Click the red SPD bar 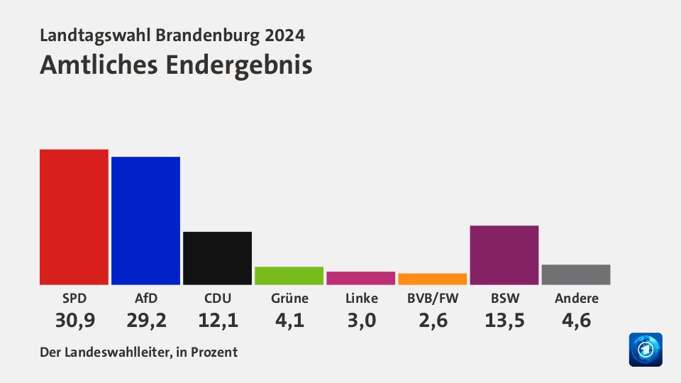point(74,217)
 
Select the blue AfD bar point(145,221)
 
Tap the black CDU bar point(217,258)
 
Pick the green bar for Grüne point(289,276)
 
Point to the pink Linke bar point(360,278)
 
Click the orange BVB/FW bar point(432,279)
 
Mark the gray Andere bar point(576,274)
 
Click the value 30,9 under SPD point(74,321)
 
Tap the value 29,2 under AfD point(146,321)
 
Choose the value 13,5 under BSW point(504,321)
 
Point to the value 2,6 point(433,321)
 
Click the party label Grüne point(289,299)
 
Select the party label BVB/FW point(433,299)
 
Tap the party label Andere point(576,299)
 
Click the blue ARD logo point(645,350)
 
